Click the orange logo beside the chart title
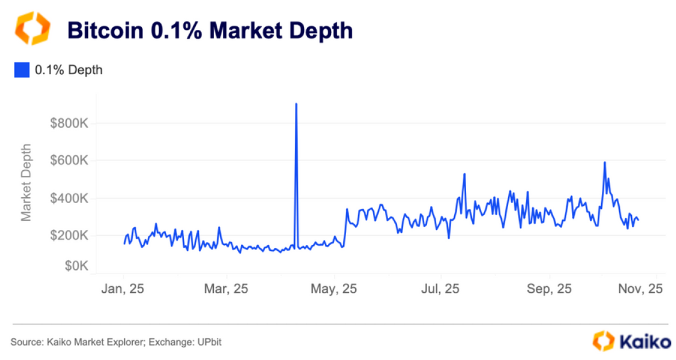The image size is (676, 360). (32, 28)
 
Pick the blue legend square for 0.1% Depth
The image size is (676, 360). (21, 70)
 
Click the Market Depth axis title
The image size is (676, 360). (26, 182)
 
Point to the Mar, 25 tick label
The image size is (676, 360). (226, 288)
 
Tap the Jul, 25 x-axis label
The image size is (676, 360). (440, 288)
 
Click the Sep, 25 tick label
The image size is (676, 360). (550, 288)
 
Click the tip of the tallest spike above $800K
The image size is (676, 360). (296, 104)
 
